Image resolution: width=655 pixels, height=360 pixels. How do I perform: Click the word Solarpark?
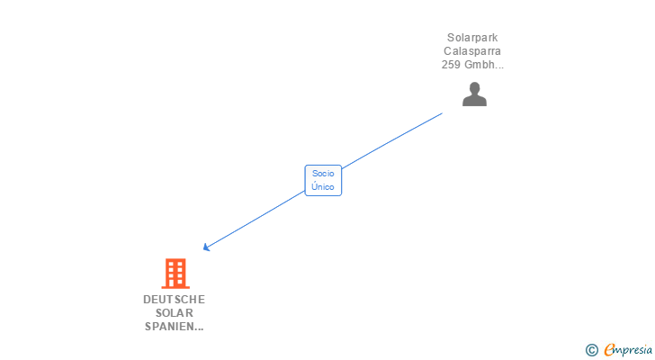pos(472,38)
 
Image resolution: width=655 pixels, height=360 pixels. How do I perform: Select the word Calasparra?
pos(472,51)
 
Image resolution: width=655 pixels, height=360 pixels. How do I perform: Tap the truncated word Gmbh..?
pos(485,65)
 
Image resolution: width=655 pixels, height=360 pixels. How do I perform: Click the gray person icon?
pos(474,94)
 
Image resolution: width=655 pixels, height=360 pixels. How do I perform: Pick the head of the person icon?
pos(474,88)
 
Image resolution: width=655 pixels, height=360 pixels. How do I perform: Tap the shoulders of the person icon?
pos(474,101)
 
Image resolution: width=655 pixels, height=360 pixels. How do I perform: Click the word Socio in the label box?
pos(323,173)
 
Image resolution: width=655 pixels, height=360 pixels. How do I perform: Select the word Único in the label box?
pos(323,187)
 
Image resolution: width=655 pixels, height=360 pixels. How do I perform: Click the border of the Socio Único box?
pos(305,180)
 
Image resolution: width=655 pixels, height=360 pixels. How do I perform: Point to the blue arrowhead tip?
pos(205,249)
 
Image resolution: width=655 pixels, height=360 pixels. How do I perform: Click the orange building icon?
pos(175,274)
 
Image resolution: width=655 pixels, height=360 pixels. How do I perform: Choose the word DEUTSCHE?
pos(174,299)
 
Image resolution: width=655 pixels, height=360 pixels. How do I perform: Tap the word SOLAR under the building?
pos(174,312)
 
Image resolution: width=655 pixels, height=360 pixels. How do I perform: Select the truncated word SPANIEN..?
pos(172,326)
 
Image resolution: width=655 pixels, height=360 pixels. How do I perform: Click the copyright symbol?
pos(592,350)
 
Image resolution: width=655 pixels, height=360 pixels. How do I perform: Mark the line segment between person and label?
pos(392,140)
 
